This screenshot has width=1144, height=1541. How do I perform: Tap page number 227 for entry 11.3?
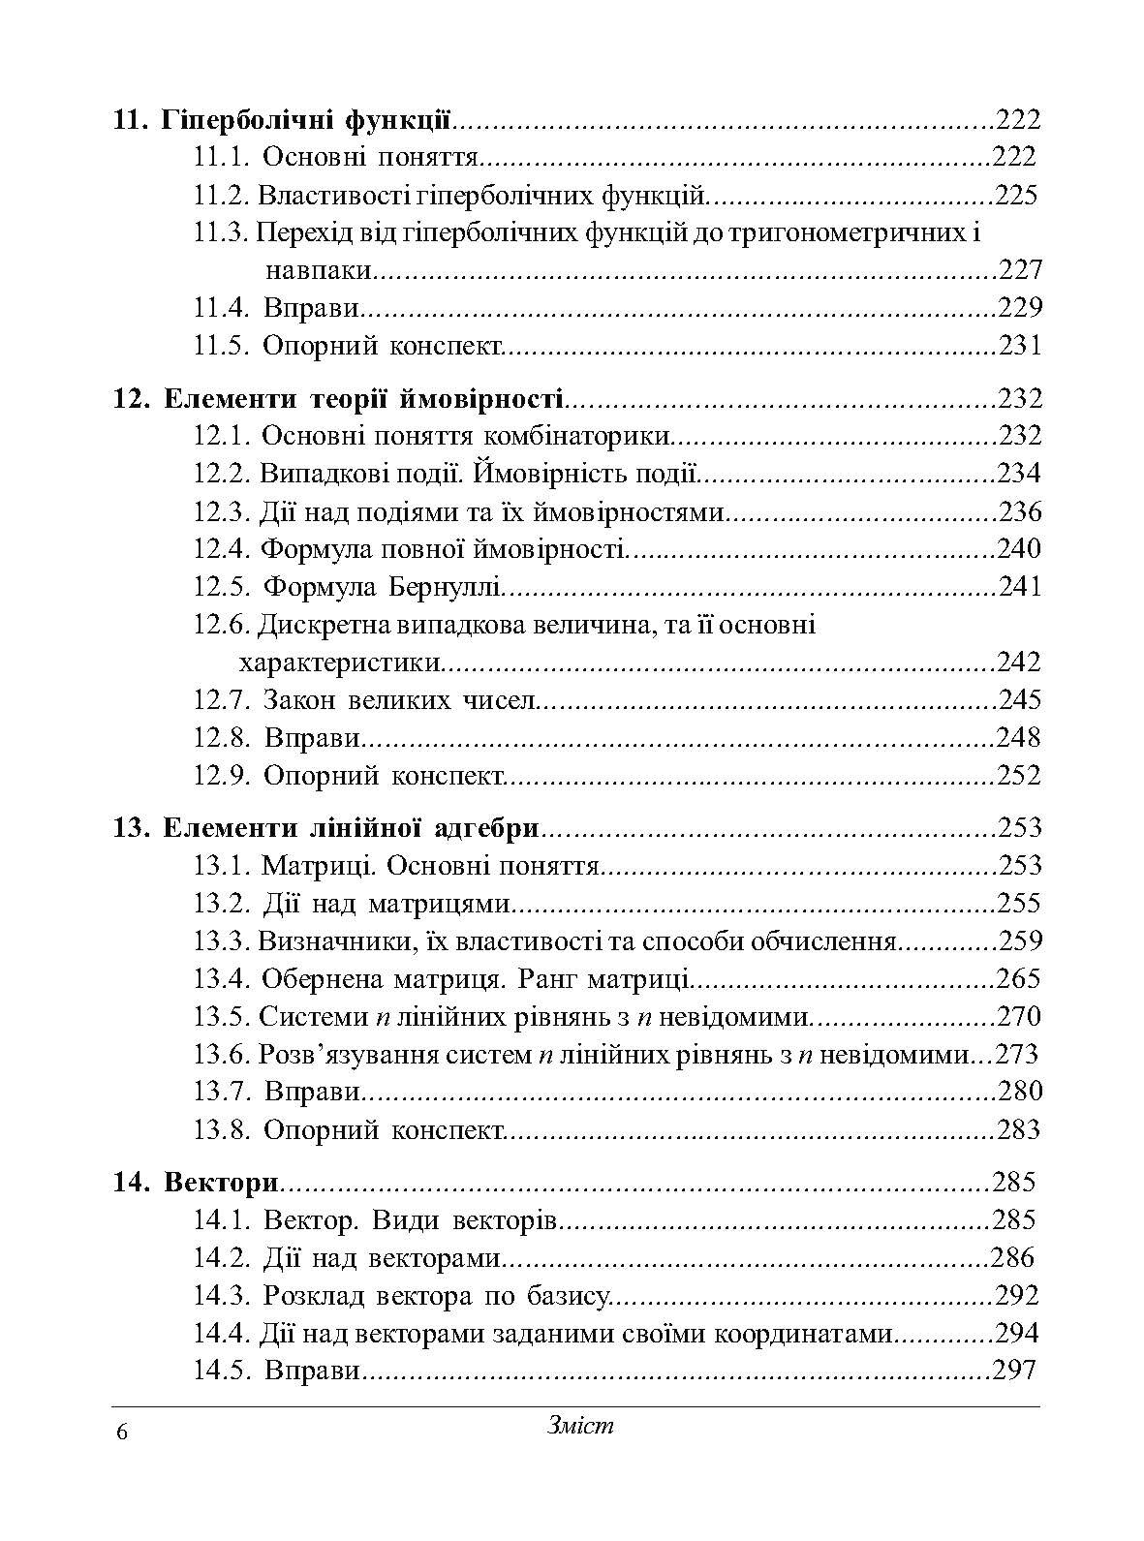pyautogui.click(x=1019, y=270)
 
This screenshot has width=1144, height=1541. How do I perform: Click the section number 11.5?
pyautogui.click(x=222, y=346)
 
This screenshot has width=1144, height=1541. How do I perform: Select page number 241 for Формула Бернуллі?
pyautogui.click(x=1019, y=587)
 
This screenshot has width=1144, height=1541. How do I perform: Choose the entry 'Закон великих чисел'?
pyautogui.click(x=398, y=700)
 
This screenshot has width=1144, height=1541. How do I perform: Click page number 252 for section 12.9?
pyautogui.click(x=1019, y=776)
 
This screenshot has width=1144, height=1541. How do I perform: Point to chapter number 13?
pyautogui.click(x=129, y=828)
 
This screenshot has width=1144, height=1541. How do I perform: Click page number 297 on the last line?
pyautogui.click(x=1014, y=1371)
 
